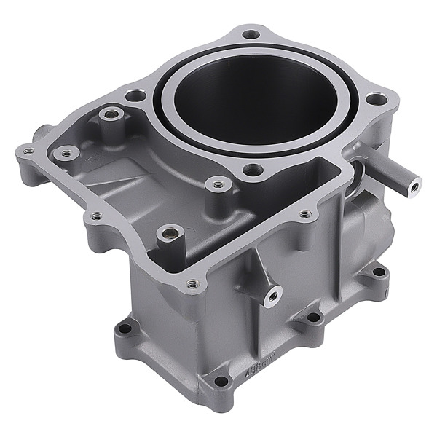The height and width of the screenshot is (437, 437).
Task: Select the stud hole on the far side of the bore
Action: [x=251, y=34]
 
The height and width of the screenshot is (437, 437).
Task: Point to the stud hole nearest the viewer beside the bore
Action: [x=253, y=170]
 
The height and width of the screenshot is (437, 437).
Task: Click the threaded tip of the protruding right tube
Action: [x=412, y=185]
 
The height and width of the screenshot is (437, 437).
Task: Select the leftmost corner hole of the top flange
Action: [x=28, y=151]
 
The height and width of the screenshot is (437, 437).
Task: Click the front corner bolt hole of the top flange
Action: [x=192, y=284]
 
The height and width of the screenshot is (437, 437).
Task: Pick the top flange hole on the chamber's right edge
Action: [x=304, y=214]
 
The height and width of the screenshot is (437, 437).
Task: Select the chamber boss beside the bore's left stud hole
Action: [x=111, y=114]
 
